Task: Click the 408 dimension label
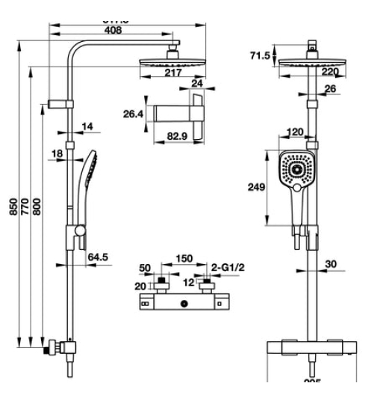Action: (112, 31)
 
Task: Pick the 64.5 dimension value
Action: (99, 257)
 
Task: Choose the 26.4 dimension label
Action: (131, 114)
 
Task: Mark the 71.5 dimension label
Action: (259, 56)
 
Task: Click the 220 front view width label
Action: (330, 72)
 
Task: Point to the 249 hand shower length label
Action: (257, 188)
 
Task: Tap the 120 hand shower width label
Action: (296, 132)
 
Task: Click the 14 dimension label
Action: (87, 127)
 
